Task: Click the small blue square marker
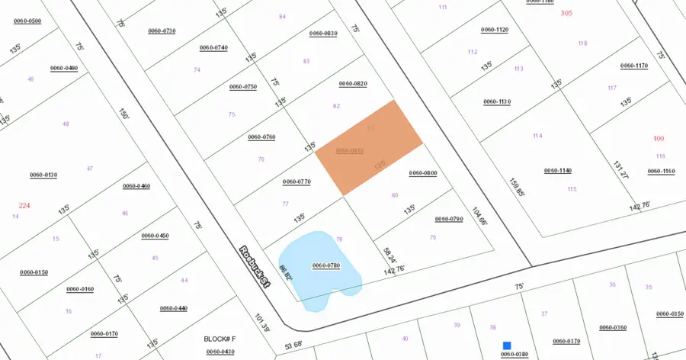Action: (x=507, y=346)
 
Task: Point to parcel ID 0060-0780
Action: (x=326, y=265)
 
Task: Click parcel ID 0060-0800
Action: (x=423, y=173)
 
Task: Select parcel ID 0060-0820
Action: (x=353, y=83)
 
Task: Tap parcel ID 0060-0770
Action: (x=297, y=182)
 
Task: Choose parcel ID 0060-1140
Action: (x=558, y=170)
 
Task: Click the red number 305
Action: (x=566, y=13)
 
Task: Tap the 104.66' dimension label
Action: (x=479, y=216)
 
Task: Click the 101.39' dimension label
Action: (x=262, y=323)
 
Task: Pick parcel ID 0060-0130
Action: (x=43, y=175)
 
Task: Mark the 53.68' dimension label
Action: (x=293, y=343)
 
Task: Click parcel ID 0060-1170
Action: (x=634, y=66)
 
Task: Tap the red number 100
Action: (x=659, y=138)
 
